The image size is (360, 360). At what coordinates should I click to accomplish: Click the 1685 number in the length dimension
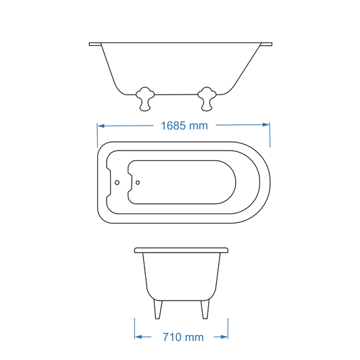(x=175, y=126)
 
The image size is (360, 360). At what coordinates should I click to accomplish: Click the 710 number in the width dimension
(x=173, y=336)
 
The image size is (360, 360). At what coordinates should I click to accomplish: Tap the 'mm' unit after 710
(x=195, y=336)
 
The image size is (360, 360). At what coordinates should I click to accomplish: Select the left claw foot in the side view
(x=145, y=99)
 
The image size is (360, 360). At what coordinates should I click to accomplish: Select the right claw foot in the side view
(x=207, y=99)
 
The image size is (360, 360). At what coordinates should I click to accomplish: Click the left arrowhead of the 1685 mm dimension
(x=101, y=125)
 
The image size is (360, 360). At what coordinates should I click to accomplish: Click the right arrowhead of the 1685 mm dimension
(x=266, y=125)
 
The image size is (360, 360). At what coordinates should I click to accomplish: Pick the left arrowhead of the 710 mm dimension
(x=138, y=336)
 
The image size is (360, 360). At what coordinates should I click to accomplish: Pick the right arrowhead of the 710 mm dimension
(x=224, y=336)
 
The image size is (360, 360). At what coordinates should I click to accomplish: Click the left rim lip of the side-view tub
(x=95, y=45)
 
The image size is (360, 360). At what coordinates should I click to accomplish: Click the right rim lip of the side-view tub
(x=267, y=45)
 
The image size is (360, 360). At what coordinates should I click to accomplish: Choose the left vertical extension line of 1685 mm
(x=98, y=134)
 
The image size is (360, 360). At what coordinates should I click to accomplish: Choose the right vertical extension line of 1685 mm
(x=270, y=134)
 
